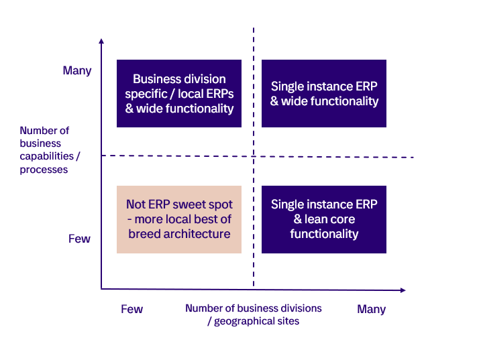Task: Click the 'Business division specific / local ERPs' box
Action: (x=179, y=94)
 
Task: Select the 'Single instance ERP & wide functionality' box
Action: (x=324, y=94)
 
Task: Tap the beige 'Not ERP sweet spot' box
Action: (x=179, y=219)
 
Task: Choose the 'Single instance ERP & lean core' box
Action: (x=324, y=219)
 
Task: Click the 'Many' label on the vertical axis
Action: (x=76, y=70)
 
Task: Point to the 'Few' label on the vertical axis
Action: (x=79, y=239)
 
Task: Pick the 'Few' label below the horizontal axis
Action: (x=131, y=309)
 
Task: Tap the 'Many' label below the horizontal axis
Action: (x=371, y=309)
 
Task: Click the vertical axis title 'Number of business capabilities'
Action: (x=44, y=150)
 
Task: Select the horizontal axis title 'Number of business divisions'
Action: (x=254, y=314)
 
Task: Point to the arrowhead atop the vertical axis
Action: (x=101, y=41)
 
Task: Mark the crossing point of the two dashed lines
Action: (x=254, y=157)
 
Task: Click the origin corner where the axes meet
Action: (x=101, y=289)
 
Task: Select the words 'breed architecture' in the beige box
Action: (x=179, y=234)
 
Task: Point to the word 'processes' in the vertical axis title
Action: (x=44, y=170)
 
